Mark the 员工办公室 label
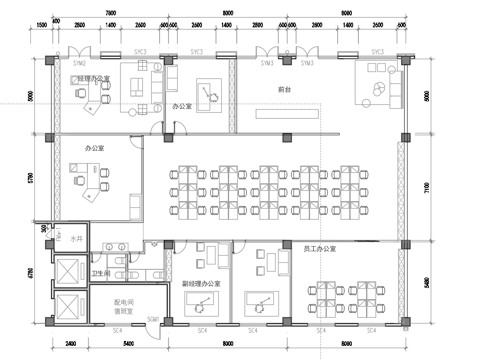[320, 247]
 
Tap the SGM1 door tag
[153, 320]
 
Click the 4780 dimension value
[31, 273]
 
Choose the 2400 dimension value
[70, 344]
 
